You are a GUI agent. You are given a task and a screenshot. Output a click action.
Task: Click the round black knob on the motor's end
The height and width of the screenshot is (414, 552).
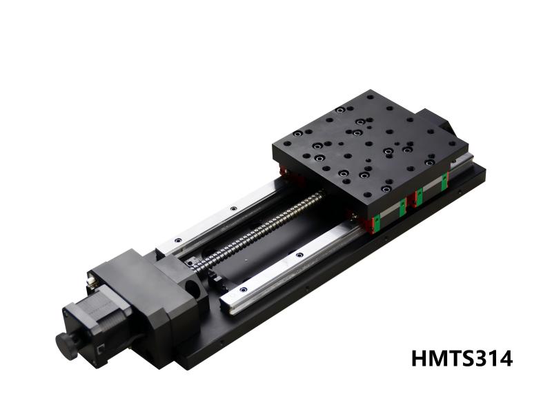coord(66,342)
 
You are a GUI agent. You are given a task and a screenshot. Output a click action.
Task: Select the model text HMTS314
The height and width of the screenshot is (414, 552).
coord(462,359)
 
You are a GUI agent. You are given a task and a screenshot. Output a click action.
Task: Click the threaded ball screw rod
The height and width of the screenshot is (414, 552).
coord(269,227)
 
